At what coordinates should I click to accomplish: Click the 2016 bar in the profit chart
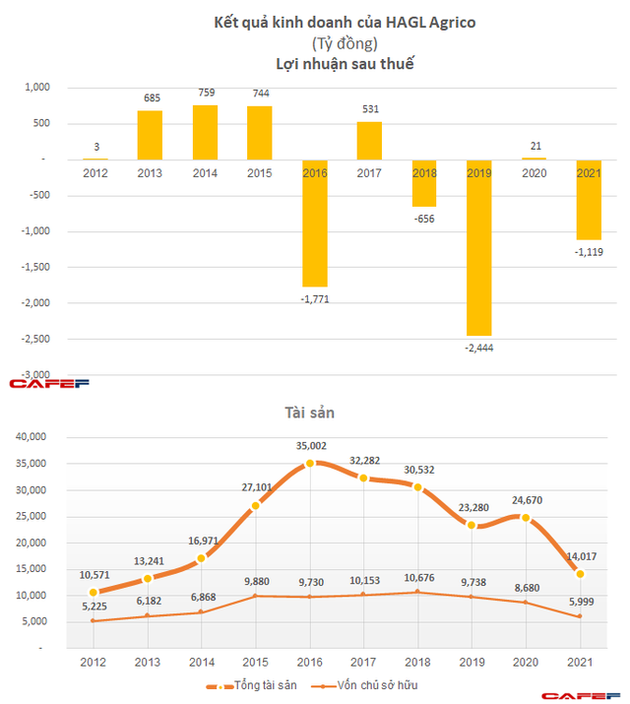[314, 223]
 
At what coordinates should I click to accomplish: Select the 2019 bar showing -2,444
[479, 247]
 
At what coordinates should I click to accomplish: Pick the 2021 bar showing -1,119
[589, 200]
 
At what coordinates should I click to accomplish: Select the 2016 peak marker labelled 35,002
[310, 463]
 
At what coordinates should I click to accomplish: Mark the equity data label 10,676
[420, 576]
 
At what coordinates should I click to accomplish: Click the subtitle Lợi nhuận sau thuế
[315, 64]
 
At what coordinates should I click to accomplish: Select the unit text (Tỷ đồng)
[315, 43]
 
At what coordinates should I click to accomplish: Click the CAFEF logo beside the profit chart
[49, 382]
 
